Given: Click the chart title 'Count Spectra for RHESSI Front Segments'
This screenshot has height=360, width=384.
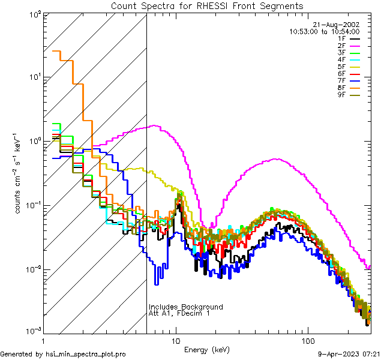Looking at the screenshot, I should pos(207,5).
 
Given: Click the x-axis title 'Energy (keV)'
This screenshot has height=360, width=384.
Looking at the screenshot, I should pos(206,349).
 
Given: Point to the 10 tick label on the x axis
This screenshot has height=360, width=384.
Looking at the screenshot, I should pos(176,340).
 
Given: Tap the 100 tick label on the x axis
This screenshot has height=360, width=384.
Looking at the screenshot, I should pos(308,340).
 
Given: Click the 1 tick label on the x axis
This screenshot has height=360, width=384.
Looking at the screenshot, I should pos(45,340).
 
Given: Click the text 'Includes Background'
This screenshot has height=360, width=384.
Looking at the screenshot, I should pos(186,307).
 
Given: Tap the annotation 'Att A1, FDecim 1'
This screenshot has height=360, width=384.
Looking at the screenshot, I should pos(180,313).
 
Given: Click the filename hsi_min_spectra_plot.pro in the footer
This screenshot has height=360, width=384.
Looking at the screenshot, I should pos(86,355).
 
